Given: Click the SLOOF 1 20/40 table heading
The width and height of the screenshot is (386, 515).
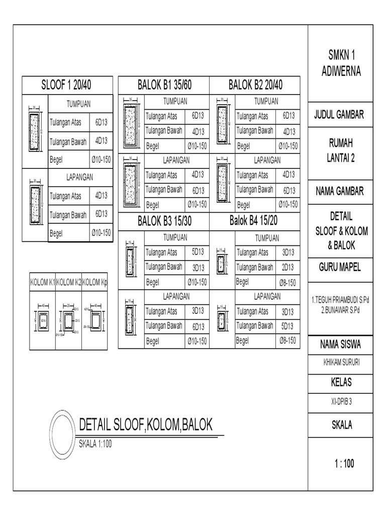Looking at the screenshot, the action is (69, 85).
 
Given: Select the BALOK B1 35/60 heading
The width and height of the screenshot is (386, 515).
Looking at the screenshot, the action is (164, 85).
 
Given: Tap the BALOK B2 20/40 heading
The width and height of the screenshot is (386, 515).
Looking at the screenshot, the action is (255, 85).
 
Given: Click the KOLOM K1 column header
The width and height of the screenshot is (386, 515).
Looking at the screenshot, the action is (43, 282).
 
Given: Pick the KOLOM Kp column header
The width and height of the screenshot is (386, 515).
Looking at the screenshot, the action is (95, 282).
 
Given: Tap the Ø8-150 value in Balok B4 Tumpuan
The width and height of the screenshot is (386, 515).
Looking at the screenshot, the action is (287, 282).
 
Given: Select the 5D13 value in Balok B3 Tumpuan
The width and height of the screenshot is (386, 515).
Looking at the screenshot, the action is (198, 252).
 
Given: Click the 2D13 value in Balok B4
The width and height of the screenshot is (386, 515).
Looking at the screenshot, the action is (288, 267).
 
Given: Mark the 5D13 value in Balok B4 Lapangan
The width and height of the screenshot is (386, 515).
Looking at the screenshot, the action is (288, 326).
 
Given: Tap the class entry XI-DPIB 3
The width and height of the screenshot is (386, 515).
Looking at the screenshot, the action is (341, 401).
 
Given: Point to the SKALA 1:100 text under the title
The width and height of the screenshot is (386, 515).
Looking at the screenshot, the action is (98, 443).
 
